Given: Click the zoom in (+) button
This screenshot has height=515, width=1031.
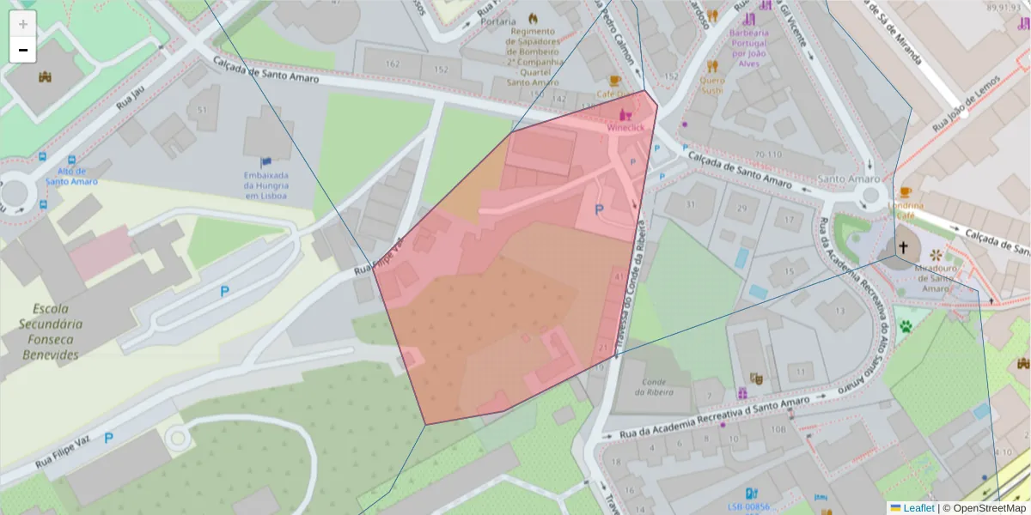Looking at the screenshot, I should pyautogui.click(x=23, y=24).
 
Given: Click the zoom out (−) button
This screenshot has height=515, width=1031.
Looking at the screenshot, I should pyautogui.click(x=23, y=50).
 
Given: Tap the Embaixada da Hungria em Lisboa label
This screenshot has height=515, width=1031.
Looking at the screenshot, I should pyautogui.click(x=265, y=185).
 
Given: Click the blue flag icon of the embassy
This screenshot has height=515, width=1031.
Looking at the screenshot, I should pyautogui.click(x=265, y=161).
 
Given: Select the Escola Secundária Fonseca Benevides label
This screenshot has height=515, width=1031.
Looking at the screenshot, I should pyautogui.click(x=52, y=331).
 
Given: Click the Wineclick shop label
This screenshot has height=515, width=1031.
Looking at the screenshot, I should pyautogui.click(x=625, y=127).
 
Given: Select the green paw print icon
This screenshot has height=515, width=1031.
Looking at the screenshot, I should pyautogui.click(x=906, y=326).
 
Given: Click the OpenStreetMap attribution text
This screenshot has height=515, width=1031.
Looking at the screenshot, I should pyautogui.click(x=985, y=508).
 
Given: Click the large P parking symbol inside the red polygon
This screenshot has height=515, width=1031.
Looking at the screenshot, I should pyautogui.click(x=599, y=209).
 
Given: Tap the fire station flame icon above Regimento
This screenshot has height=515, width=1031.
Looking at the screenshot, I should pyautogui.click(x=533, y=18).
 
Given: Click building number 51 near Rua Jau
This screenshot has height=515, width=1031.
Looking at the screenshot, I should pyautogui.click(x=203, y=111).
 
